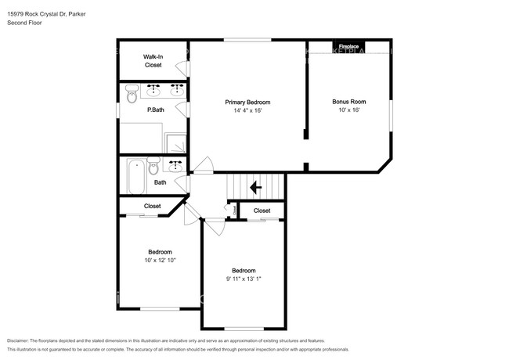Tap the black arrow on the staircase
coord(254,188)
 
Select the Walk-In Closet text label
coord(153,61)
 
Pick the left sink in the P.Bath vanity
coord(153,89)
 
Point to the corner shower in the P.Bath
coord(177,142)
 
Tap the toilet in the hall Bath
coord(153,167)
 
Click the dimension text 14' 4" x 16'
coord(247,111)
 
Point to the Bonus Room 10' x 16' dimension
coord(349,111)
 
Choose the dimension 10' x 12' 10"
coord(160,260)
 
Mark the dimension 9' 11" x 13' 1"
coord(243,279)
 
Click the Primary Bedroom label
coord(247,102)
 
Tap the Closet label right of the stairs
coord(262,211)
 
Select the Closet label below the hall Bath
coord(152,206)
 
